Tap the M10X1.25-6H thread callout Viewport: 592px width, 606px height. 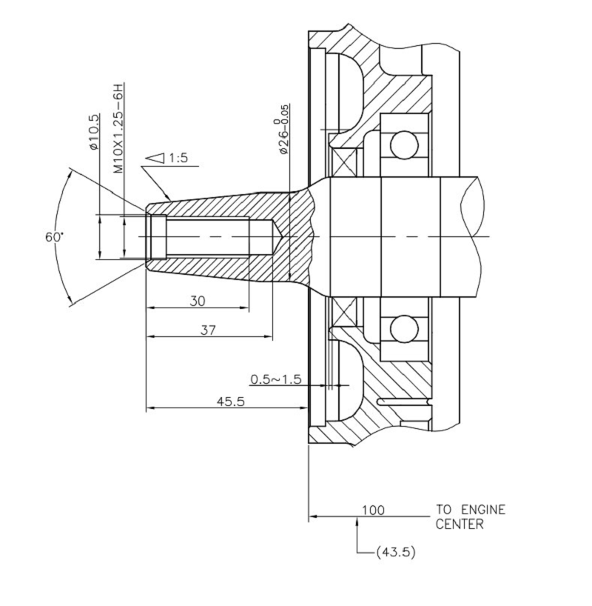coord(118,128)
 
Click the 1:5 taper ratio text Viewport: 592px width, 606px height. coord(178,158)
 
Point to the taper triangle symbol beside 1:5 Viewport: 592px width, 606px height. coord(155,158)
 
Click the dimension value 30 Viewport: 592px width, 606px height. coord(198,301)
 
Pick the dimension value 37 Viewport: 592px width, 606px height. coord(209,330)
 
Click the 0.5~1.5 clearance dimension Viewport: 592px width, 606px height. coord(275,379)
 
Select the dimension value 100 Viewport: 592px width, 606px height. coord(373,510)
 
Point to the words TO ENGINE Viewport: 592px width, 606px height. coord(471,510)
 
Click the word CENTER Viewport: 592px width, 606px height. coord(460,525)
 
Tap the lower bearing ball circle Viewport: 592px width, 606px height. coord(404,328)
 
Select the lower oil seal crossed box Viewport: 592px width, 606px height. coord(344,313)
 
